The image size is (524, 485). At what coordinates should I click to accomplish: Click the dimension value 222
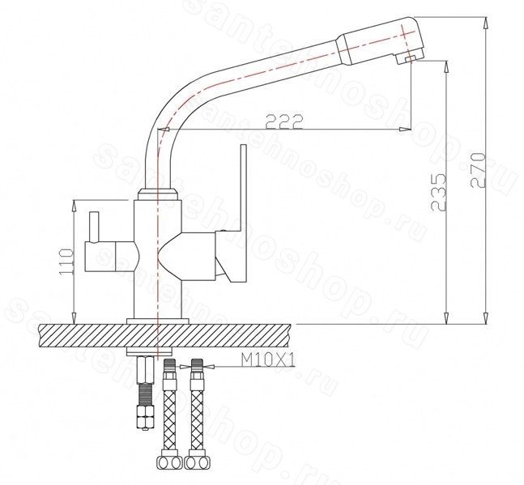click(284, 122)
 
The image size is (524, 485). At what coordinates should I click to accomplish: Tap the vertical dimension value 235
click(438, 192)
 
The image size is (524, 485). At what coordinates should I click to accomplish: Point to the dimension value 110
click(66, 262)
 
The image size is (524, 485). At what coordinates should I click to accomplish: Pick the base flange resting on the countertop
click(158, 321)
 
